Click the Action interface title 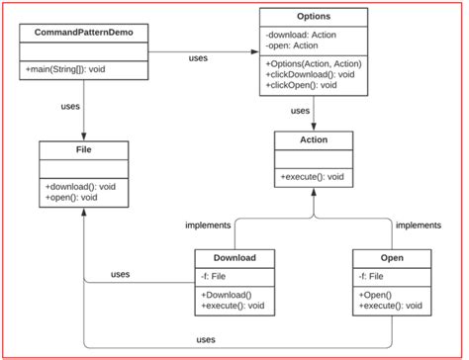(313, 141)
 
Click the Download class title (234, 258)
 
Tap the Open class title (391, 258)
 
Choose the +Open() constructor (377, 295)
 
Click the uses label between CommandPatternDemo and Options (199, 58)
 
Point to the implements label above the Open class (418, 225)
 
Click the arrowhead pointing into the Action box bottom (314, 194)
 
